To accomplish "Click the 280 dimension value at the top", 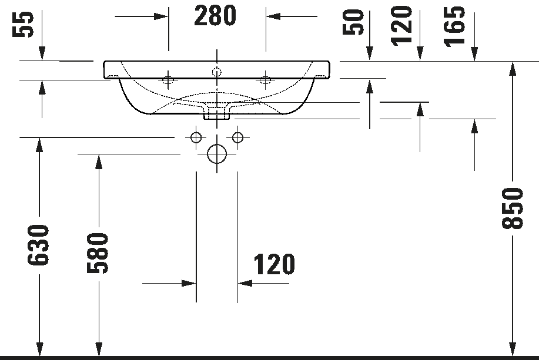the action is point(215,16).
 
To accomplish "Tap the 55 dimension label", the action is point(24,24).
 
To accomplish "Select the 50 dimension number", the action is point(353,22).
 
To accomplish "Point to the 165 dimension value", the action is point(454,26).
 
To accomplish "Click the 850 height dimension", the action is point(512,208).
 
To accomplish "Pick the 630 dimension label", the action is point(39,245).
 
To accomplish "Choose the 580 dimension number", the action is point(98,253).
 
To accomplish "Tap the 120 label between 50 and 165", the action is point(401,25).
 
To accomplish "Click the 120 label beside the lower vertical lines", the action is point(274,264).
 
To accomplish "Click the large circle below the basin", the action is point(217,144).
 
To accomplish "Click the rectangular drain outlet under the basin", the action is point(217,113).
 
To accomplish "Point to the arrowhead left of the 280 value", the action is point(161,16).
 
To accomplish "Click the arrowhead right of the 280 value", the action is point(273,16).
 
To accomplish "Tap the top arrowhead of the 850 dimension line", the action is point(513,69).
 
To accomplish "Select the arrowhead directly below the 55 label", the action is point(42,53).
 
